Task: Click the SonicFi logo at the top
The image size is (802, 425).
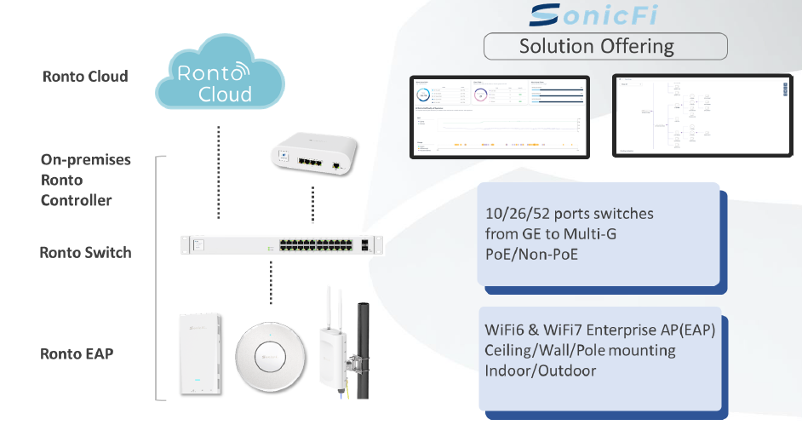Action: (x=597, y=15)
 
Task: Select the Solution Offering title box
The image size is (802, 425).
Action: (x=605, y=46)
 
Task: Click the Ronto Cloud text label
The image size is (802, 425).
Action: (x=85, y=77)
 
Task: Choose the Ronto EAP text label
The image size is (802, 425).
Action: (x=77, y=353)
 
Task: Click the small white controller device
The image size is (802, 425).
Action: (x=313, y=155)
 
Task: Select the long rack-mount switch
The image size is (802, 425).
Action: (x=282, y=244)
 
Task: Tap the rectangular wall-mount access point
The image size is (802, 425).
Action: (x=199, y=355)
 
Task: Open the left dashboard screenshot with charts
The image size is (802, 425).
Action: (x=499, y=116)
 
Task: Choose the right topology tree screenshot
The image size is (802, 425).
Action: (x=701, y=116)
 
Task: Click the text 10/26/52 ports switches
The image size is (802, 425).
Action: (x=569, y=213)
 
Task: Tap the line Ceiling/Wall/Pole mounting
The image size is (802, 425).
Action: (x=580, y=350)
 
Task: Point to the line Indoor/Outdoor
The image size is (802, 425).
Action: (x=541, y=370)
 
